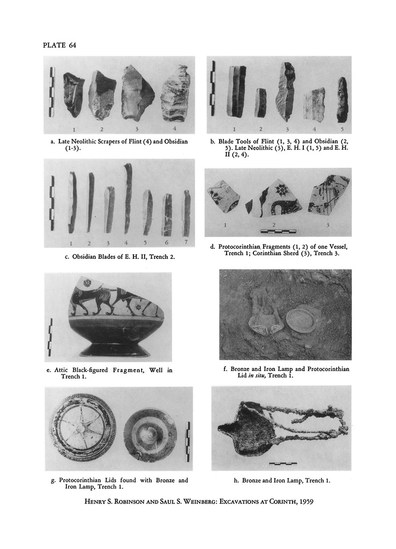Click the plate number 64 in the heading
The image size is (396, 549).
pos(73,45)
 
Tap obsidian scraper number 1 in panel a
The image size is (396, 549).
pos(73,95)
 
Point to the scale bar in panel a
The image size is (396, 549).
pos(53,92)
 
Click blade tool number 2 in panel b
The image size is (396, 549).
pos(260,102)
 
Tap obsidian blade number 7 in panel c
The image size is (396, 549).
pos(187,213)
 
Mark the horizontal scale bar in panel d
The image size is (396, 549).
pos(279,231)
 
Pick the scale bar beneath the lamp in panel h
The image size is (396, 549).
pos(282,464)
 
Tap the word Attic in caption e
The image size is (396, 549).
pos(62,370)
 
